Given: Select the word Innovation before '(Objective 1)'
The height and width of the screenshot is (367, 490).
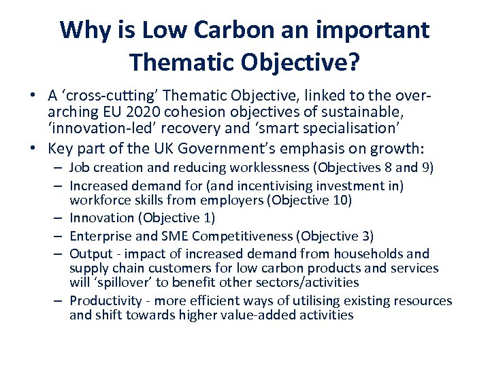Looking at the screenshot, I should [102, 217].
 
